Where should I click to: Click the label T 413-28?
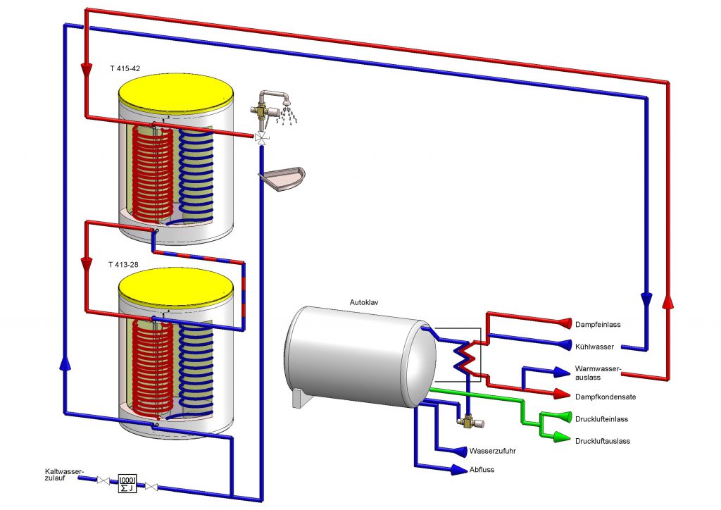coord(124,264)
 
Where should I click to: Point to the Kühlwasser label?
coord(594,347)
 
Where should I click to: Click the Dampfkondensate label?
coord(606,397)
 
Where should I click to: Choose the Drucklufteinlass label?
coord(601,419)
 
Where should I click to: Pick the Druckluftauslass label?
coord(602,441)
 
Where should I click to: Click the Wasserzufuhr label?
coord(493,450)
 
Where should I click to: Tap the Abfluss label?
coord(482,470)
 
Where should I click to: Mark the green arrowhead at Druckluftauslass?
coord(560,438)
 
